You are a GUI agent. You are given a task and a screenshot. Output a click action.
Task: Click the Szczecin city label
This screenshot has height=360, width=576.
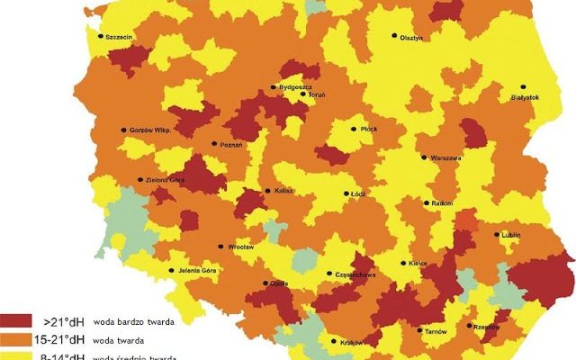(x=120, y=37)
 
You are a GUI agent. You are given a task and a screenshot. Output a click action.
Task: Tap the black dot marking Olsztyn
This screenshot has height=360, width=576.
(x=393, y=36)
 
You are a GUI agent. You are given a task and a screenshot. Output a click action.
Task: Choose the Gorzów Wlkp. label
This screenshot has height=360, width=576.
(x=149, y=130)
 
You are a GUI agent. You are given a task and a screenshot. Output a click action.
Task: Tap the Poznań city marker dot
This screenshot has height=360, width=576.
(x=214, y=143)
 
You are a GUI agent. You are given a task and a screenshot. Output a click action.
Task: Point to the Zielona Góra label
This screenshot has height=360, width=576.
(x=165, y=180)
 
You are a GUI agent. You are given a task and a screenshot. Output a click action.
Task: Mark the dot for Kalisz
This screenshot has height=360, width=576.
(x=266, y=190)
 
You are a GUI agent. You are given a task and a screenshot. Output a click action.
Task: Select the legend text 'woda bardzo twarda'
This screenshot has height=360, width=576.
(x=132, y=321)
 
